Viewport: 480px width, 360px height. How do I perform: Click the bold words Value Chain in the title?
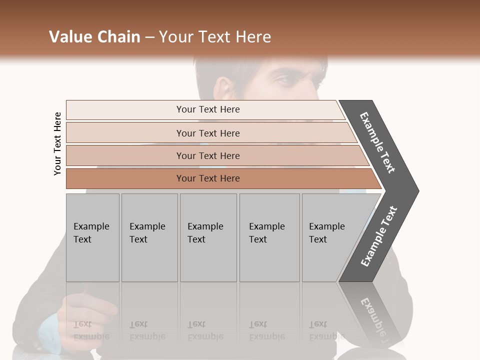[94, 37]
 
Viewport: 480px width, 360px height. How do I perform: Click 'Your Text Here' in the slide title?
[215, 37]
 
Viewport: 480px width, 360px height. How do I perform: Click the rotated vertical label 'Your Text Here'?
[57, 143]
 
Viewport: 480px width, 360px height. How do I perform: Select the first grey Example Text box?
[92, 237]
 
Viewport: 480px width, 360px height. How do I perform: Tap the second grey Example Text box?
[149, 237]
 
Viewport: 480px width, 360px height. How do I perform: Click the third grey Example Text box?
[207, 237]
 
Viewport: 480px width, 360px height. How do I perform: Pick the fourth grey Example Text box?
[269, 237]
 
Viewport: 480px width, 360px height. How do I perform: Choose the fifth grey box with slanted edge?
[330, 237]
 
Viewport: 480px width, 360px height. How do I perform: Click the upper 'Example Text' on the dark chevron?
[378, 142]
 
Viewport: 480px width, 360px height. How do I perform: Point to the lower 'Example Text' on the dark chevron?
[379, 236]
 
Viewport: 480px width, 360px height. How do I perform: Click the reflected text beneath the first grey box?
[91, 330]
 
